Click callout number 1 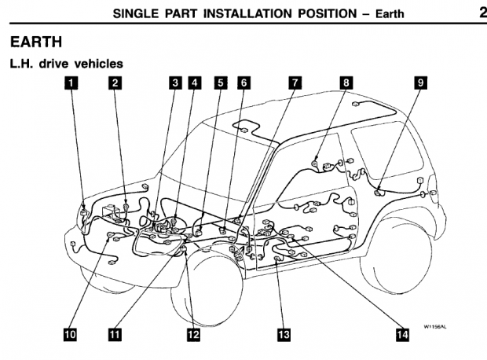pos(71,82)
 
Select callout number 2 pos(115,82)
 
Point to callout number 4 pos(194,82)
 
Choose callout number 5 pos(221,82)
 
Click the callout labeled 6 pos(243,82)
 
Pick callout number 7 pos(295,82)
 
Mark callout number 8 pos(346,82)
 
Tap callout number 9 pos(420,82)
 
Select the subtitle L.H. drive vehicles pos(67,62)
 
